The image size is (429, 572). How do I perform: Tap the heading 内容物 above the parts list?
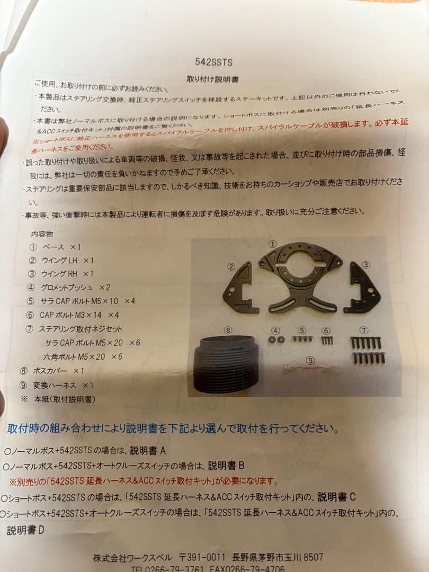[42, 234]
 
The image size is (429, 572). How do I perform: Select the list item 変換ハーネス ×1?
[61, 385]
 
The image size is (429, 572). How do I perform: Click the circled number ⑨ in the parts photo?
[310, 360]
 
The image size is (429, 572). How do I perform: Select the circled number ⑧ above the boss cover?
[228, 330]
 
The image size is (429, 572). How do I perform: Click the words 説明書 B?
[226, 466]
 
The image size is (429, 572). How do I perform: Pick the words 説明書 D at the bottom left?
[25, 530]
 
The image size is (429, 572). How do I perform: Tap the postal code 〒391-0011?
[203, 558]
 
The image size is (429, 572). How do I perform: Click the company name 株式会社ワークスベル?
[132, 558]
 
